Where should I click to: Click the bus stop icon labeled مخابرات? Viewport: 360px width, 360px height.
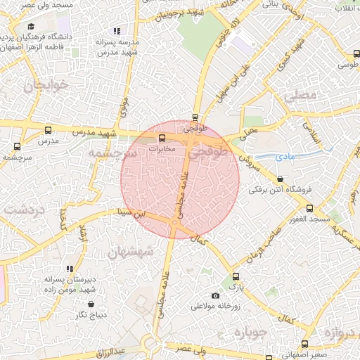(x=162, y=138)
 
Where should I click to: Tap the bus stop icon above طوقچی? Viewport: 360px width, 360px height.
(x=195, y=118)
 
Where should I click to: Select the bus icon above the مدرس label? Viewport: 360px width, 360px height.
(x=48, y=130)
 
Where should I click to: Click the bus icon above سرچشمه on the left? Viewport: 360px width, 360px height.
(x=17, y=146)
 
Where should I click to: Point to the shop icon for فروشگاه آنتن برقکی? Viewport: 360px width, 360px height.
(x=281, y=179)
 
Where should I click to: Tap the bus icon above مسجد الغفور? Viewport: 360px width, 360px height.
(x=309, y=208)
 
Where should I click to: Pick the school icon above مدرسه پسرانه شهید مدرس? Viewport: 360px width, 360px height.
(x=117, y=31)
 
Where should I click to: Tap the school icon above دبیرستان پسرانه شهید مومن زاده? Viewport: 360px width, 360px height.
(x=69, y=269)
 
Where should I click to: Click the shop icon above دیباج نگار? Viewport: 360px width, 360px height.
(x=93, y=304)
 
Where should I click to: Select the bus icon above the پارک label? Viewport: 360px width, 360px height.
(x=236, y=276)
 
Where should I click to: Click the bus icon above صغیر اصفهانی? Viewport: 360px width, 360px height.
(x=304, y=344)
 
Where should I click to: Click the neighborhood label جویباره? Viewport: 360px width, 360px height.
(x=251, y=331)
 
